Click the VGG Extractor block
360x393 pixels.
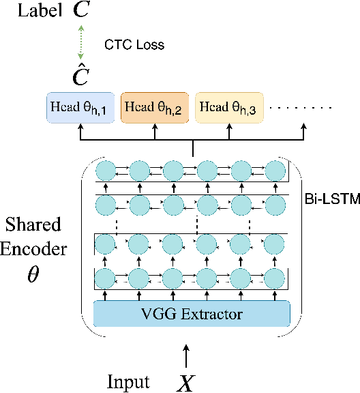tap(192, 315)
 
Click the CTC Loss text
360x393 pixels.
tap(134, 45)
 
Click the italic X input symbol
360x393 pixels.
tap(185, 382)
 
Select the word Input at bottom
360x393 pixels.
tap(128, 381)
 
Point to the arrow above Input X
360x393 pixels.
tap(185, 354)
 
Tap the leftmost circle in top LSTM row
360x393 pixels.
tap(105, 169)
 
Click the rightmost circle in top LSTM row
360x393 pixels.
tap(275, 169)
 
